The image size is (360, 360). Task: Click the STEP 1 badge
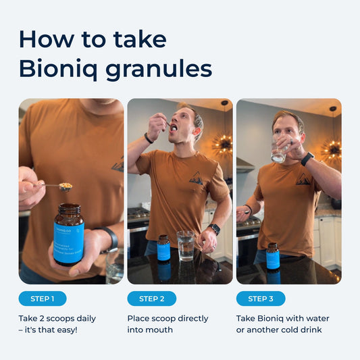click(43, 299)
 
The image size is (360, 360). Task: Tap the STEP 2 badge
click(151, 299)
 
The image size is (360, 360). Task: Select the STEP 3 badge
click(261, 299)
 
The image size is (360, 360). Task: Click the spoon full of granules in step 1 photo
click(66, 186)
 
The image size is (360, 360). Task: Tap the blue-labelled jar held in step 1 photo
click(68, 234)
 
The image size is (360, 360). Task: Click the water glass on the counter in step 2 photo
click(185, 245)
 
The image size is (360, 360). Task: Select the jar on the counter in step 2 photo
click(163, 248)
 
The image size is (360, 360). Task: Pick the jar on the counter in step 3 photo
click(273, 257)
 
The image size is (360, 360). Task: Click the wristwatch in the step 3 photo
click(307, 159)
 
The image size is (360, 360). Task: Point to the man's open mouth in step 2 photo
click(174, 128)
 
